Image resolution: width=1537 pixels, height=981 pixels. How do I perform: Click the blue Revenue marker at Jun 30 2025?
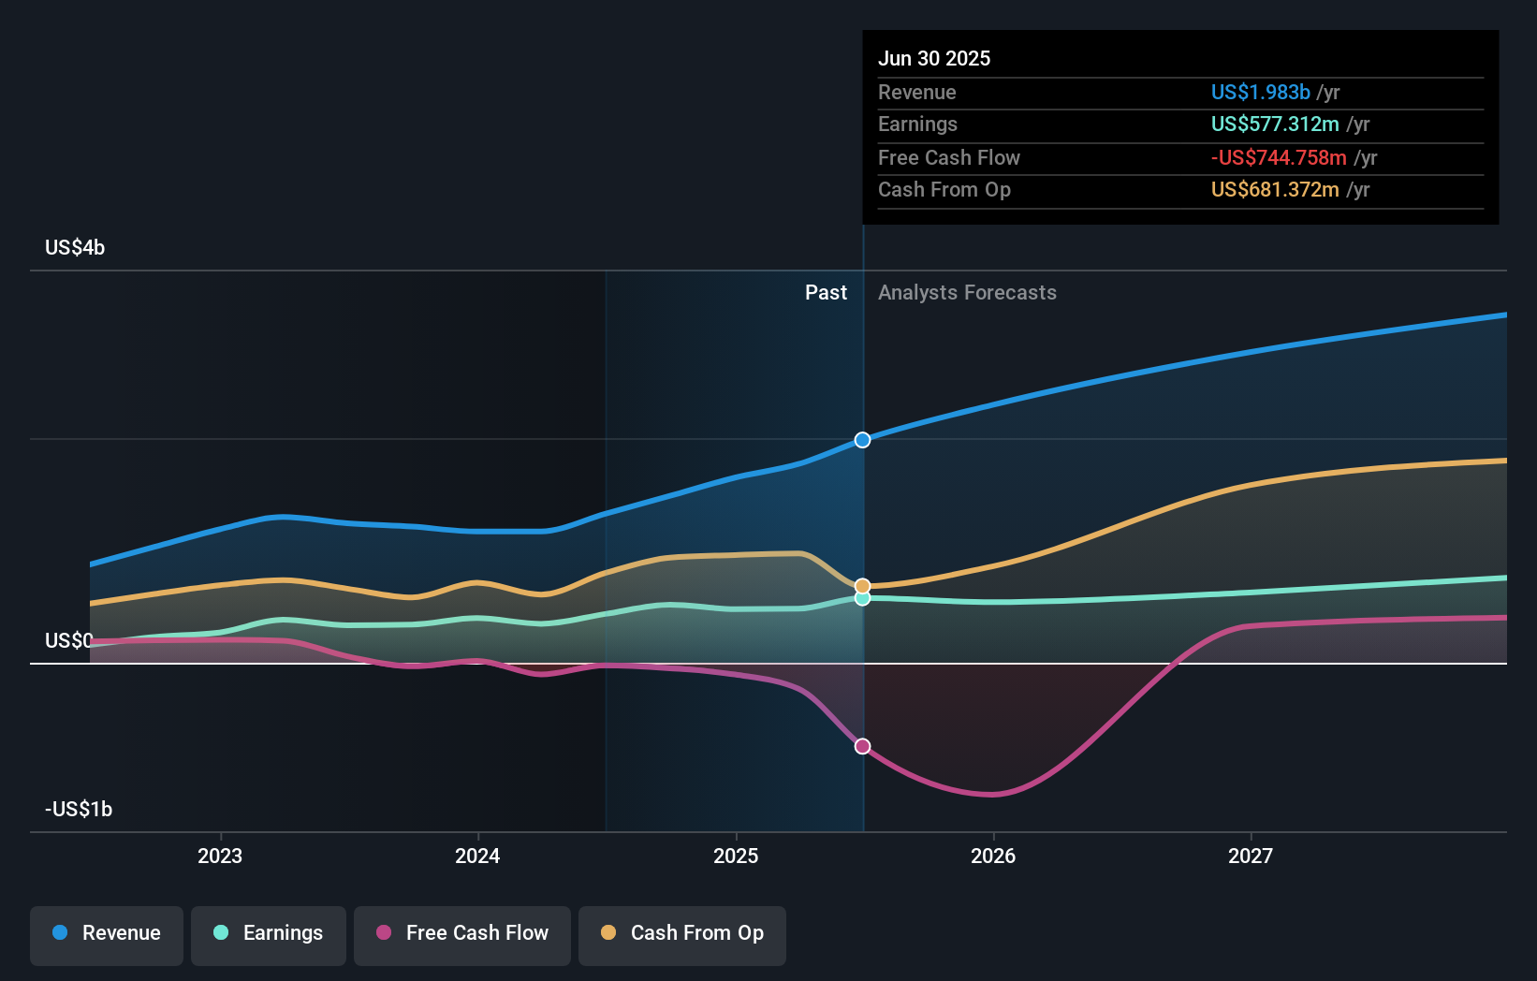(x=862, y=440)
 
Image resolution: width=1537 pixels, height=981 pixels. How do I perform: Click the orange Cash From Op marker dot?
(x=862, y=586)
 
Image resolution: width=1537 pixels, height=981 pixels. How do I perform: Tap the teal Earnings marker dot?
(x=862, y=598)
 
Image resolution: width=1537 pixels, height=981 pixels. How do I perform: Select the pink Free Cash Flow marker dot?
(x=862, y=746)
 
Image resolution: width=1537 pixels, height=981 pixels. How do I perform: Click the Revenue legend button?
(x=107, y=933)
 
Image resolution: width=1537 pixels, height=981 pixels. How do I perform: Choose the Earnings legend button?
(x=269, y=933)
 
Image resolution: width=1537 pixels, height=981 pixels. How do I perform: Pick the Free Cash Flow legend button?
(x=462, y=933)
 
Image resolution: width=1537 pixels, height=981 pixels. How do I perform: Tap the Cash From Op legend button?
(x=682, y=933)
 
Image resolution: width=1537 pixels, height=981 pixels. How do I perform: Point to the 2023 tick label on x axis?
(x=220, y=857)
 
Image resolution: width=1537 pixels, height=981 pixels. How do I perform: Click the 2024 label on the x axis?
(x=477, y=857)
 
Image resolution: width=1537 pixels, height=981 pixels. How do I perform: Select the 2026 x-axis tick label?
(x=993, y=857)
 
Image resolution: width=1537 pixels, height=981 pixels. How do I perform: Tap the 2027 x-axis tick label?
(x=1251, y=857)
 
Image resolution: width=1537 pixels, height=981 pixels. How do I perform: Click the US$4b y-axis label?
(x=75, y=248)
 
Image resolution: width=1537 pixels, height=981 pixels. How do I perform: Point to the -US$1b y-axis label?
(x=79, y=810)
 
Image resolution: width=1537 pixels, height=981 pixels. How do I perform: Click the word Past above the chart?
(x=826, y=293)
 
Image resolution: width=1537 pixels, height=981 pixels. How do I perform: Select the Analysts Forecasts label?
(x=967, y=293)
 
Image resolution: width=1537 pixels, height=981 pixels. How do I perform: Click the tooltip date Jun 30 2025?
(x=934, y=58)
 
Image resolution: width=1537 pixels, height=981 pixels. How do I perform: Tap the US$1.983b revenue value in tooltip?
(x=1260, y=92)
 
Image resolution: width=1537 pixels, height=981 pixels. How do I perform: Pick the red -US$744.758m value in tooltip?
(x=1279, y=157)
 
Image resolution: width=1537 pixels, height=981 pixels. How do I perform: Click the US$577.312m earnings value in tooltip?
(x=1275, y=124)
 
